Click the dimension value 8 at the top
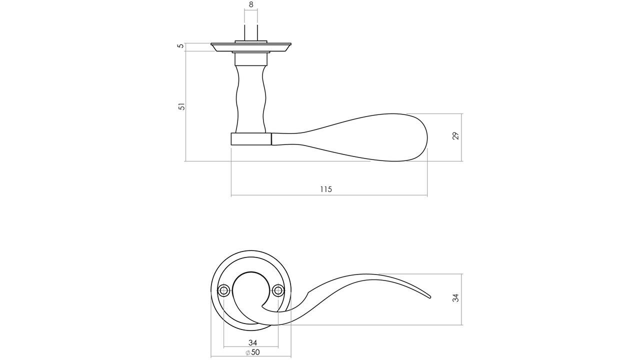coord(251,4)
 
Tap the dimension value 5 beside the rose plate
coord(181,46)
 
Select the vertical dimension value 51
coord(182,106)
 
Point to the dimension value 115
coord(326,189)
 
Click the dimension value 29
coord(456,135)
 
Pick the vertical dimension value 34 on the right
coord(455,298)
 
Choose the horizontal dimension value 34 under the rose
coord(252,342)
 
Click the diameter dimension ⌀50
coord(253,352)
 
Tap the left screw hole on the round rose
coord(223,290)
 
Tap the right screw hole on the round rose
coord(278,290)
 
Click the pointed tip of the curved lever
coord(429,297)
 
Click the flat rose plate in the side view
coord(251,47)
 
